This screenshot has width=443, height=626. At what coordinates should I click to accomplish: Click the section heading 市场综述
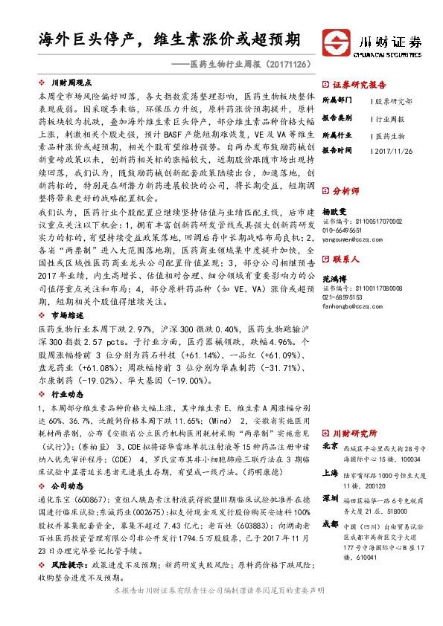click(66, 316)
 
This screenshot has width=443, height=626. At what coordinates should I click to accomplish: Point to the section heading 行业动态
click(66, 394)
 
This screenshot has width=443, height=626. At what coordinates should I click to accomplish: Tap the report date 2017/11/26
click(393, 151)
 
